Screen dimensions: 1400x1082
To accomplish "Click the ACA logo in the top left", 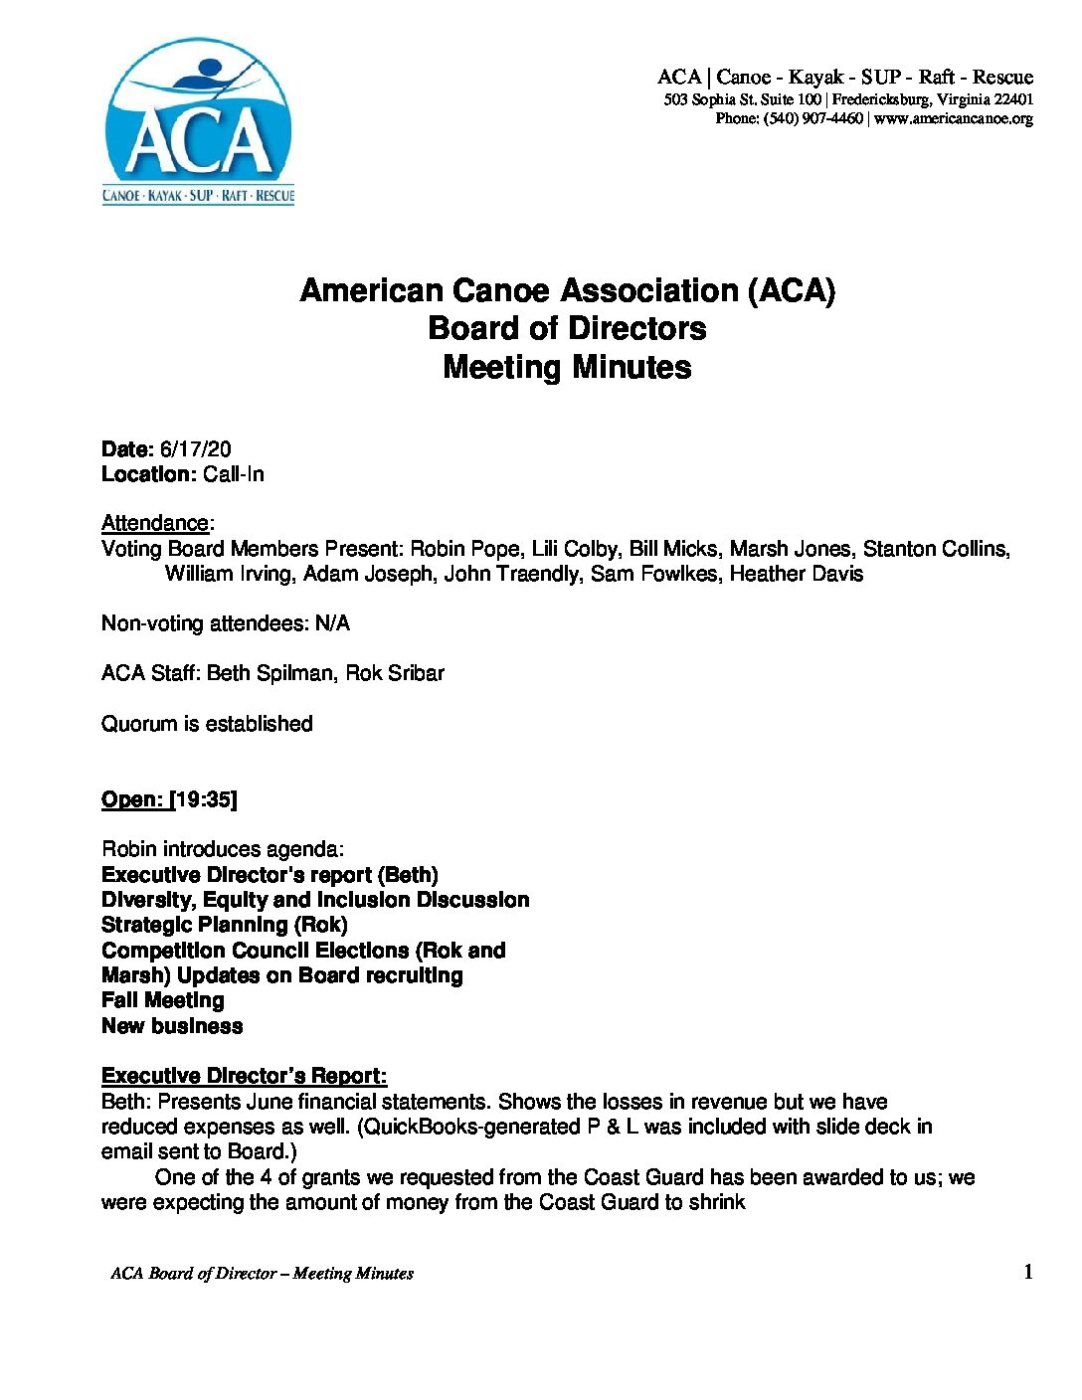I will click(x=198, y=122).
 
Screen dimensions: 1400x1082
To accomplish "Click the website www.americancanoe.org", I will click(x=954, y=118).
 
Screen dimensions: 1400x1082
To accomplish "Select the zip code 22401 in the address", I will click(x=1013, y=99).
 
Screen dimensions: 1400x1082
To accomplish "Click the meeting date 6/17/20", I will click(x=195, y=449).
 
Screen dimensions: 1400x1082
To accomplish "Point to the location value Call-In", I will click(x=234, y=474).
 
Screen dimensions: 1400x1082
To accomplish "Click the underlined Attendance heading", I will click(x=155, y=523).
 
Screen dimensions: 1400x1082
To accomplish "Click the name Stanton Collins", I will click(x=936, y=549).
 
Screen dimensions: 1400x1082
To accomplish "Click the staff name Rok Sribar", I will click(x=395, y=673).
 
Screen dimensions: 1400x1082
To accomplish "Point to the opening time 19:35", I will click(x=204, y=799).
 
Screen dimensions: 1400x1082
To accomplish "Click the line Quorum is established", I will click(x=207, y=724).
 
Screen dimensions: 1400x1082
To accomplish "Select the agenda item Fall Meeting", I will click(x=163, y=1000).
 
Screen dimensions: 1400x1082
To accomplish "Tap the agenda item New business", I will click(x=172, y=1026).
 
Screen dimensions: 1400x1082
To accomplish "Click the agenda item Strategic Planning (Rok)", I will click(x=225, y=925).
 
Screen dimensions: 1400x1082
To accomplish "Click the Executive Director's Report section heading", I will click(x=245, y=1076).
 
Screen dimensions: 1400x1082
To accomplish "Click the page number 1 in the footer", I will click(x=1028, y=1272).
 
